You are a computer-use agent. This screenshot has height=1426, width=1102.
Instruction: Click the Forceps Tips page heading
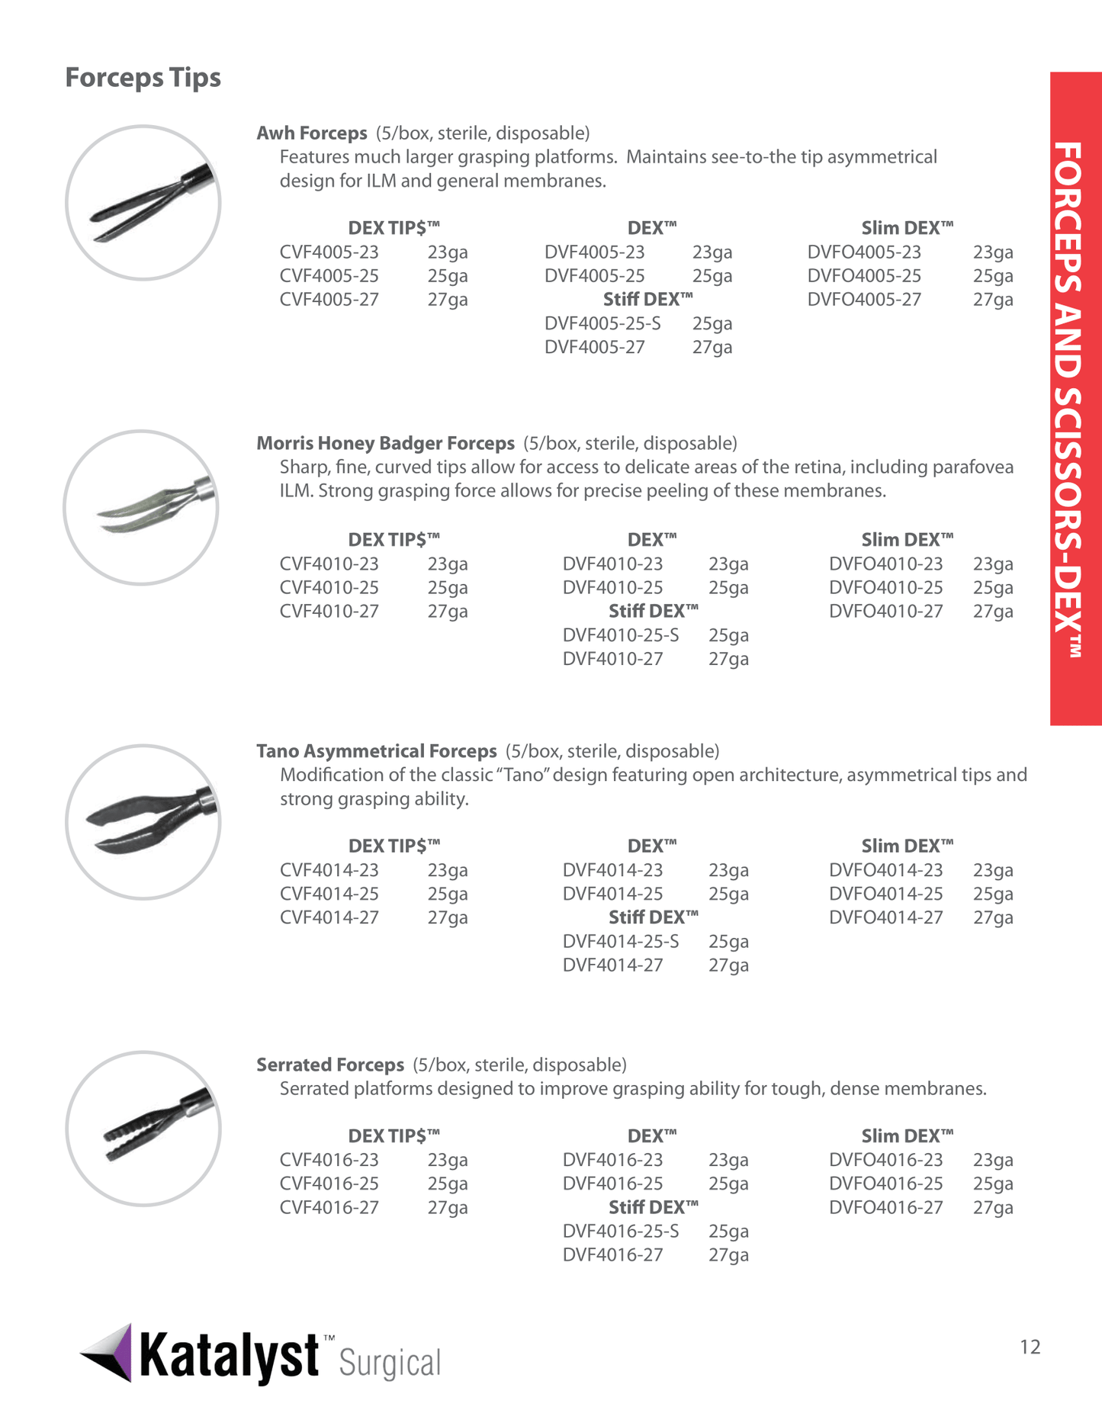(x=143, y=78)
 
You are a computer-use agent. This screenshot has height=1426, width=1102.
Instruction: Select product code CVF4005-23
(x=329, y=252)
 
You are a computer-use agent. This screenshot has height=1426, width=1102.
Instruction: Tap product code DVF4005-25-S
(x=602, y=323)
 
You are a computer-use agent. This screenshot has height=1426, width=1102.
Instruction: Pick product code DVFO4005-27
(x=864, y=300)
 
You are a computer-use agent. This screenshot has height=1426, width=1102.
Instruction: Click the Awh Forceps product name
(x=311, y=133)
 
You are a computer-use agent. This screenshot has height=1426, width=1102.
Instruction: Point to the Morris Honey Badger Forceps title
(x=385, y=444)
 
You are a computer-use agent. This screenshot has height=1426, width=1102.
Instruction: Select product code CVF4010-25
(x=329, y=588)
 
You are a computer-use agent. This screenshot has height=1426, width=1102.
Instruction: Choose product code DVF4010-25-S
(x=621, y=635)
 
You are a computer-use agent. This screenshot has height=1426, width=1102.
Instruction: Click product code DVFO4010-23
(x=885, y=564)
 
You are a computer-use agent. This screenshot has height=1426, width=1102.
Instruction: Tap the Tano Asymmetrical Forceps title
(x=376, y=752)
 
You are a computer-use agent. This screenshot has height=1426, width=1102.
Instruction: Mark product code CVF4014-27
(x=329, y=917)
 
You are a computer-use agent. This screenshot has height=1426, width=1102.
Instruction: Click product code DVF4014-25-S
(x=621, y=942)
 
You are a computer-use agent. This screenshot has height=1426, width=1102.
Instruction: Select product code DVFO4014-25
(x=885, y=894)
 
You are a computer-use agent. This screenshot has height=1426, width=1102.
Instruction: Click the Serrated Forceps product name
(x=329, y=1065)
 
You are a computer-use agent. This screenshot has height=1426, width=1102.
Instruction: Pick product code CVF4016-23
(x=329, y=1160)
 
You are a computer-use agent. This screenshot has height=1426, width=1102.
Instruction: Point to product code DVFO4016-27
(x=885, y=1208)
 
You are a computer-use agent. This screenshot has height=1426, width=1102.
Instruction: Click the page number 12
(x=1030, y=1347)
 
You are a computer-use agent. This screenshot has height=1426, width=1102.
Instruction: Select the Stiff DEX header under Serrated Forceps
(x=653, y=1208)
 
